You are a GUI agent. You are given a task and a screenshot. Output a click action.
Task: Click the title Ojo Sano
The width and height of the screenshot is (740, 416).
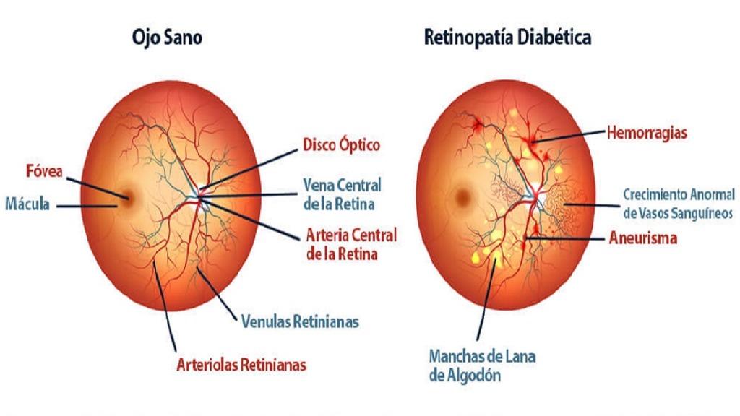[x=166, y=38]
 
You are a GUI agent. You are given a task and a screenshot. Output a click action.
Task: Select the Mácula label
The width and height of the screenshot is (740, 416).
[x=27, y=204]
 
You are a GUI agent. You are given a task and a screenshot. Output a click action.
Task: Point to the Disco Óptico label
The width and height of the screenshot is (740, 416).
[x=342, y=145]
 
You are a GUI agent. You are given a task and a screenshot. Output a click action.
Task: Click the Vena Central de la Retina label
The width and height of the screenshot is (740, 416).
[x=342, y=194]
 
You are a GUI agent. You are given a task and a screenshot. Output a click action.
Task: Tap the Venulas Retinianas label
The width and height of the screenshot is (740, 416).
[x=300, y=321]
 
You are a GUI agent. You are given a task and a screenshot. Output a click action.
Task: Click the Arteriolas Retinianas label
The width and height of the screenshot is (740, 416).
[x=241, y=365]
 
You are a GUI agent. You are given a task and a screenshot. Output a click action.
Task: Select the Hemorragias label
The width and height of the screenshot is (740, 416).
[x=646, y=133]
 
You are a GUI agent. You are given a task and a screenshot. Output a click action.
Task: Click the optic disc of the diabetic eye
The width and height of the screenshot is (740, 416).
[x=533, y=194]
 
